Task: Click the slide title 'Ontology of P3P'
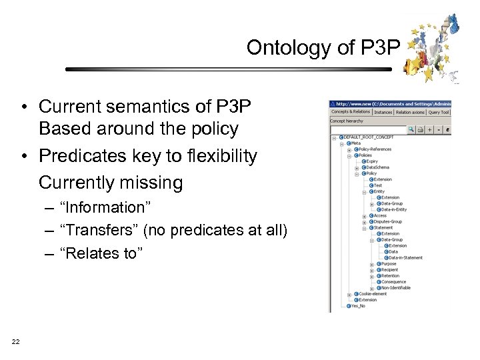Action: point(323,47)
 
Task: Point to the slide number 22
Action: point(15,342)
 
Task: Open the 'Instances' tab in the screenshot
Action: point(383,112)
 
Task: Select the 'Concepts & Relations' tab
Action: point(351,112)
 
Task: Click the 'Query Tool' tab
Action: point(439,112)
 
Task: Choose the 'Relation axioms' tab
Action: point(410,112)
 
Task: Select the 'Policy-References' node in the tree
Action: point(375,149)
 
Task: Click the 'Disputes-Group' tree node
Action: point(387,222)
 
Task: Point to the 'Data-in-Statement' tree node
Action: point(405,258)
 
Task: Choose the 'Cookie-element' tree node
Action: point(373,294)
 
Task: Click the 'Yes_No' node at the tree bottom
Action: point(358,306)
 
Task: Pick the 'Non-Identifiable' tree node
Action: point(395,288)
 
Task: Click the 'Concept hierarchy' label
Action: point(347,121)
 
